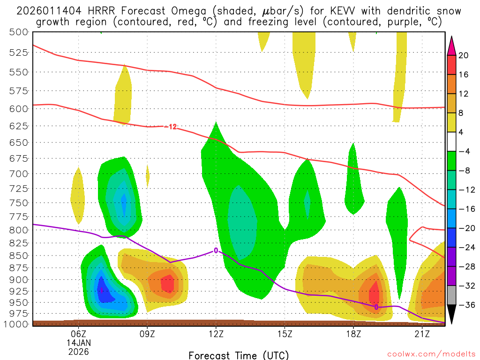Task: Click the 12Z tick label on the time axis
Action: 216,334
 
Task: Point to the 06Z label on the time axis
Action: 78,334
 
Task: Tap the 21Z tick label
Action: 422,334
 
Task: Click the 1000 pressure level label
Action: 17,324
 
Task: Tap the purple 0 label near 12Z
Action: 216,250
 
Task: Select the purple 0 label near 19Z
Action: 376,307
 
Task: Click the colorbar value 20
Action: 464,55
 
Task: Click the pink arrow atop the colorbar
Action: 451,45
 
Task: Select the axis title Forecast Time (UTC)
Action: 239,355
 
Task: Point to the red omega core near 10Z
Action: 167,284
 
